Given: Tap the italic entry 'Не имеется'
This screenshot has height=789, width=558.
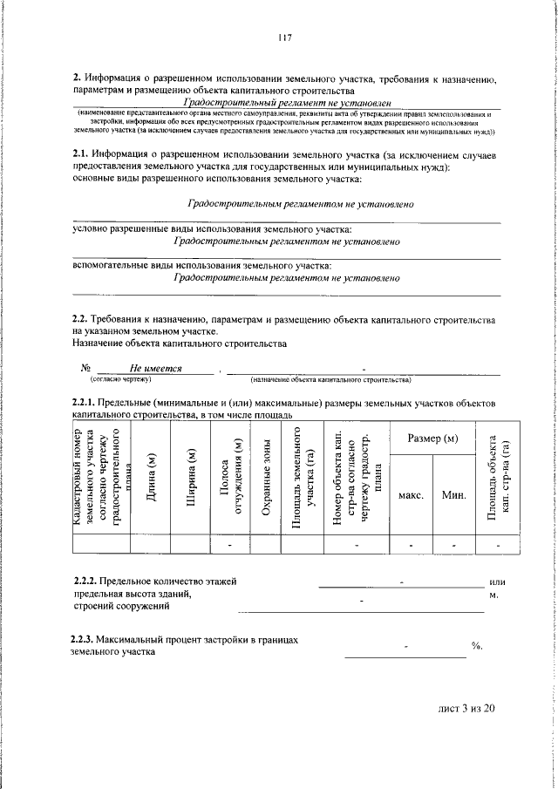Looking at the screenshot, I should pyautogui.click(x=155, y=369).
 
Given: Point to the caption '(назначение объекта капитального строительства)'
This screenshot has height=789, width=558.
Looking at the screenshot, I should pyautogui.click(x=330, y=380).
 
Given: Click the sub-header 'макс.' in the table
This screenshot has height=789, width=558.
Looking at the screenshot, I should pyautogui.click(x=411, y=494).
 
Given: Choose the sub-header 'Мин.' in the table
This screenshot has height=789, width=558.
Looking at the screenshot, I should pyautogui.click(x=453, y=494).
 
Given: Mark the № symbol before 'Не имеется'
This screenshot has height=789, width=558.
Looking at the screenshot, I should pyautogui.click(x=85, y=369).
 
